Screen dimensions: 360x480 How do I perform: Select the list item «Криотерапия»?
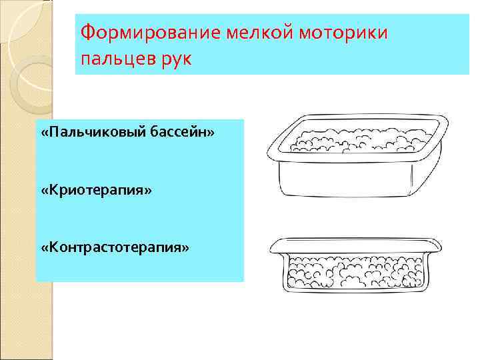click(96, 191)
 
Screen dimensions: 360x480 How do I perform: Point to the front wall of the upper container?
click(347, 177)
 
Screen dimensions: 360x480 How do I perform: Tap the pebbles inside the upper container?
click(360, 140)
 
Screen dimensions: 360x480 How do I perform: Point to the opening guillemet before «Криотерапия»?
click(43, 191)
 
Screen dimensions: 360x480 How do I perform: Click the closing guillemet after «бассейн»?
click(211, 133)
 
